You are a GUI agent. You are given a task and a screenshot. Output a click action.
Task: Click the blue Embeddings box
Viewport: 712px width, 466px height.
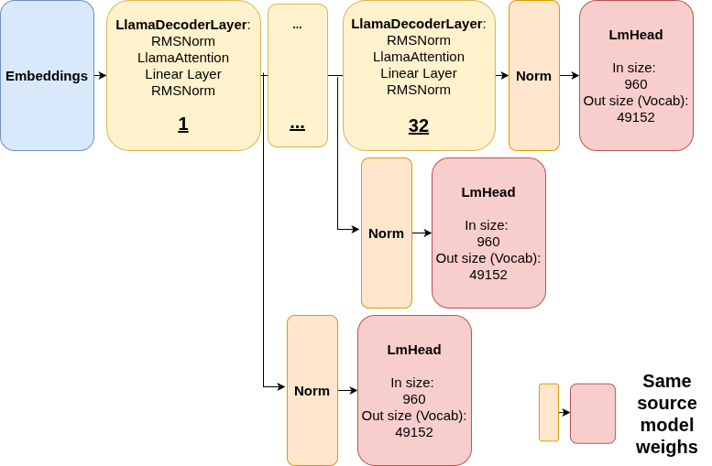pos(47,75)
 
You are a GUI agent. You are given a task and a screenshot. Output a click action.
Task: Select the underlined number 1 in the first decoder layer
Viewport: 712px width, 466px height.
pos(183,125)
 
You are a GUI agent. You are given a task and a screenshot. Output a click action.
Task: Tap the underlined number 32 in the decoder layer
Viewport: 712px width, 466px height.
pos(418,126)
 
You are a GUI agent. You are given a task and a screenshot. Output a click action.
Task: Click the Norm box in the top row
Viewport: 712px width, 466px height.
pos(533,75)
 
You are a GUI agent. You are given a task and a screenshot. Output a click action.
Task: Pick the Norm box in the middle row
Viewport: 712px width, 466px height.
pos(386,233)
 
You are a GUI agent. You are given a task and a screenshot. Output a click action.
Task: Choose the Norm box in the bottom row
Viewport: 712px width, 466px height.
pos(312,390)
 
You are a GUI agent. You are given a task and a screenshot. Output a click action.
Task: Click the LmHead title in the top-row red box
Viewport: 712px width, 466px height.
pos(635,35)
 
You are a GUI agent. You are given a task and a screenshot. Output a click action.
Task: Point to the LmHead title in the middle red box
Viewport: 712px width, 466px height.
pos(487,192)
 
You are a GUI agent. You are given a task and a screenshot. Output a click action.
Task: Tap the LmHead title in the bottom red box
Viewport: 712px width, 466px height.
pos(413,350)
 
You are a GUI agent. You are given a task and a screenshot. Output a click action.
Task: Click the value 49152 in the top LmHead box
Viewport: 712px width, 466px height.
pos(635,117)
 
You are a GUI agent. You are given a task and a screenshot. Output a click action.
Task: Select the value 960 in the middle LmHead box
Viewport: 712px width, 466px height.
pos(487,242)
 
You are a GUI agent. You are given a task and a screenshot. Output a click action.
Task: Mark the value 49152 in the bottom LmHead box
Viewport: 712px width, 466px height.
pos(413,432)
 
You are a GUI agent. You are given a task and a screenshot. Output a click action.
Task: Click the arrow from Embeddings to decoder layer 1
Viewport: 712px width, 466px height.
pos(100,75)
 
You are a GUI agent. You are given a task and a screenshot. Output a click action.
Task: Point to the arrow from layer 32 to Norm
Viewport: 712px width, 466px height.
pos(502,75)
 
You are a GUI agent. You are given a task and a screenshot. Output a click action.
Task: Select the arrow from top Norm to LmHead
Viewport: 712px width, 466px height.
pos(569,75)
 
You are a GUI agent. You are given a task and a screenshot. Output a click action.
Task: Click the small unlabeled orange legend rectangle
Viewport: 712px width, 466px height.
pos(548,412)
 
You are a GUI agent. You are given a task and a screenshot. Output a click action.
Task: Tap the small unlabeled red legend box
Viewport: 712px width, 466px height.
pos(592,413)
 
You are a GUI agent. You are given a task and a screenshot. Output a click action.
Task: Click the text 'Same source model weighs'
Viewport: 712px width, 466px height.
pos(666,414)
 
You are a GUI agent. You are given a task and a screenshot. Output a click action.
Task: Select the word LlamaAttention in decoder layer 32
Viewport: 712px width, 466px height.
pos(418,57)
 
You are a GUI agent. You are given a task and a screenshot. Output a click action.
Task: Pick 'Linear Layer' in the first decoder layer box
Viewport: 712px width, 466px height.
pos(183,73)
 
